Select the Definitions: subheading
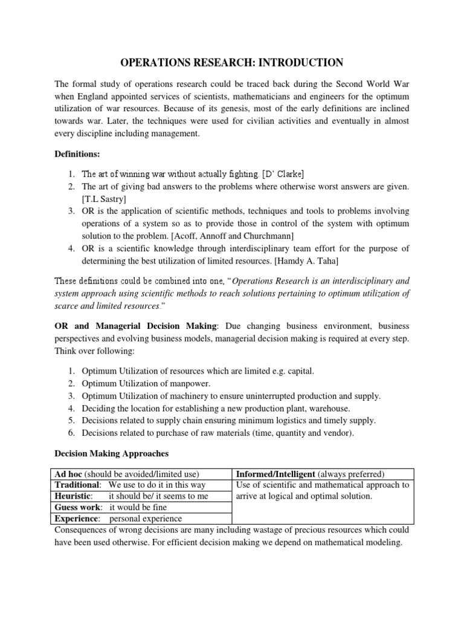[x=74, y=155]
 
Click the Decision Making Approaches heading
[x=111, y=453]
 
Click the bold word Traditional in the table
[x=77, y=485]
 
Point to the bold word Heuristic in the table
[x=74, y=496]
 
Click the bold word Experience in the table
[x=77, y=518]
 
